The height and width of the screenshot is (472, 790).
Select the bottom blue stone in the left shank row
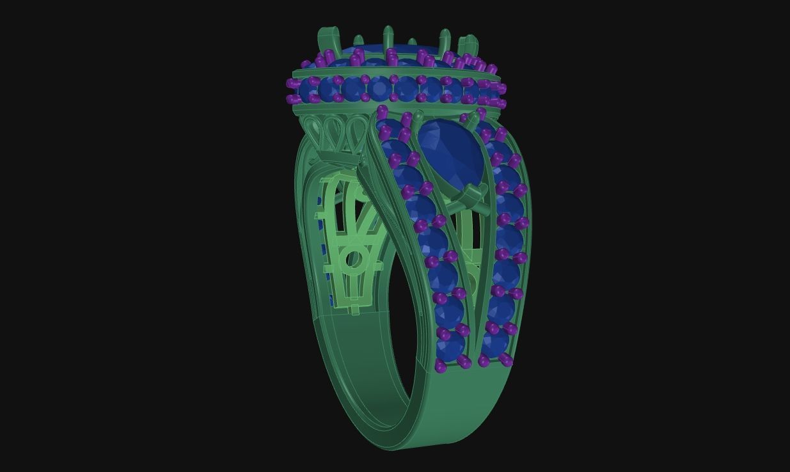[x=451, y=346]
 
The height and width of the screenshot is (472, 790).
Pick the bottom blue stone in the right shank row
[x=495, y=343]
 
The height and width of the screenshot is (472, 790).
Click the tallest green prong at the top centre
[x=388, y=38]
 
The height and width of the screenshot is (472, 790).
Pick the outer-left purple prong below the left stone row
[x=441, y=366]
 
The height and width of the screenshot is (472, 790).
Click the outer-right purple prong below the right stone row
[x=507, y=360]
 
